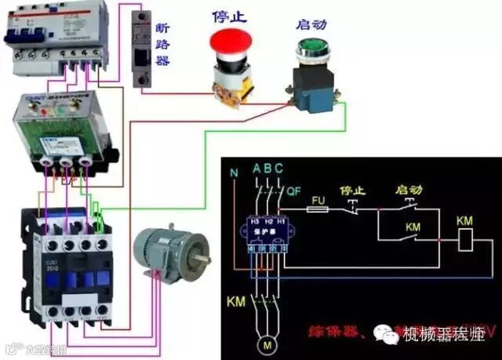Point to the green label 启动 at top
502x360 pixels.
point(308,24)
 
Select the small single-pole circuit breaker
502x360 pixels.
point(142,50)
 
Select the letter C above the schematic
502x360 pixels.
point(278,169)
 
